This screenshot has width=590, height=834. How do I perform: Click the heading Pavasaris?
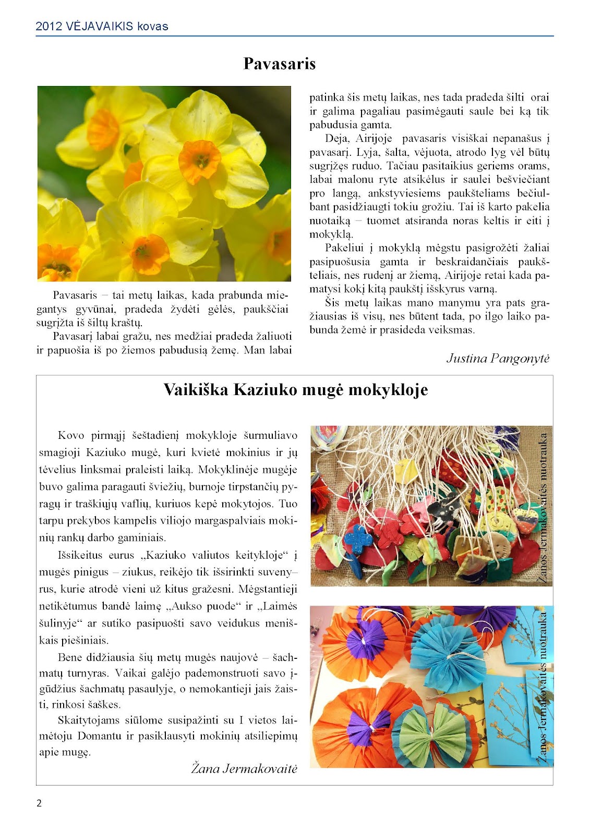point(280,64)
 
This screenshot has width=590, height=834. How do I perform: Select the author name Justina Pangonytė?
point(498,359)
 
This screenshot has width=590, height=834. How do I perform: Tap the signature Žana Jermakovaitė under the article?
point(244,768)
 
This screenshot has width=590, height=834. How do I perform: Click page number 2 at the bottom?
point(39,803)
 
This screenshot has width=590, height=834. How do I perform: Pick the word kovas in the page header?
point(153,26)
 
